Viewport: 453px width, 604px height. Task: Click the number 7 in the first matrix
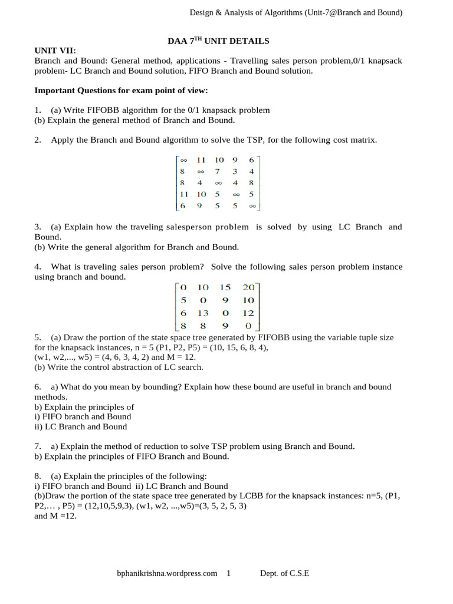217,172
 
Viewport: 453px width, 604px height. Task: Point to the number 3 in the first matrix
235,172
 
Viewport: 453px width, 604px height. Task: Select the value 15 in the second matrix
225,287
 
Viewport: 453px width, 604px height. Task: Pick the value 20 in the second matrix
248,287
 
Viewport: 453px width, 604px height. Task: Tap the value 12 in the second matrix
248,313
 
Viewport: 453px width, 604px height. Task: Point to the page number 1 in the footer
228,573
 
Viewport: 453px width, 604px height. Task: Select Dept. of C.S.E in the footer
285,573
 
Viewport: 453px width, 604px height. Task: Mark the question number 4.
37,267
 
